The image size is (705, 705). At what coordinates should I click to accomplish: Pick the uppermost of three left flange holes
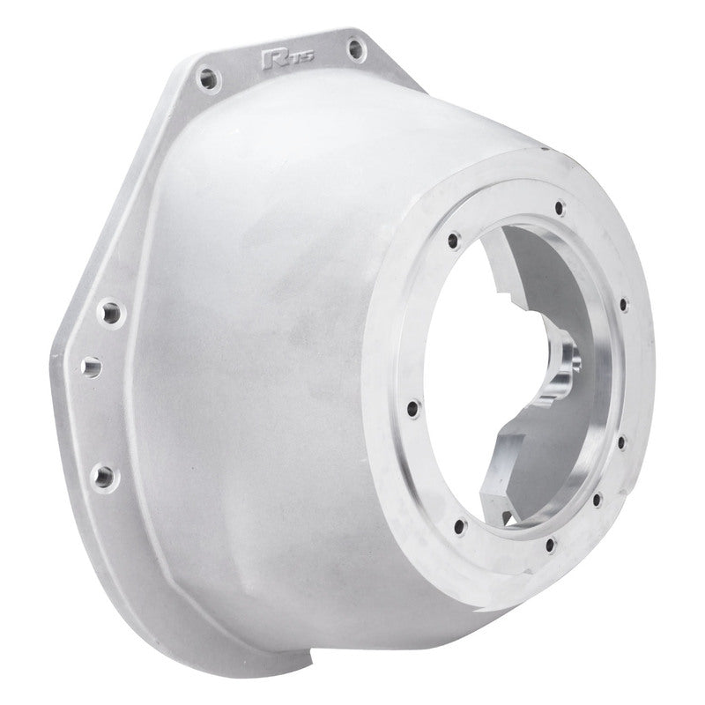click(x=110, y=312)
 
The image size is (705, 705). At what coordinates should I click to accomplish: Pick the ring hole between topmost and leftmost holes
click(x=453, y=239)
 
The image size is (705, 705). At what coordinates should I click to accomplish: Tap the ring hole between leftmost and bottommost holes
click(x=459, y=527)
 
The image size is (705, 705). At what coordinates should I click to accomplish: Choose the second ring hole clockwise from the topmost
click(x=625, y=305)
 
